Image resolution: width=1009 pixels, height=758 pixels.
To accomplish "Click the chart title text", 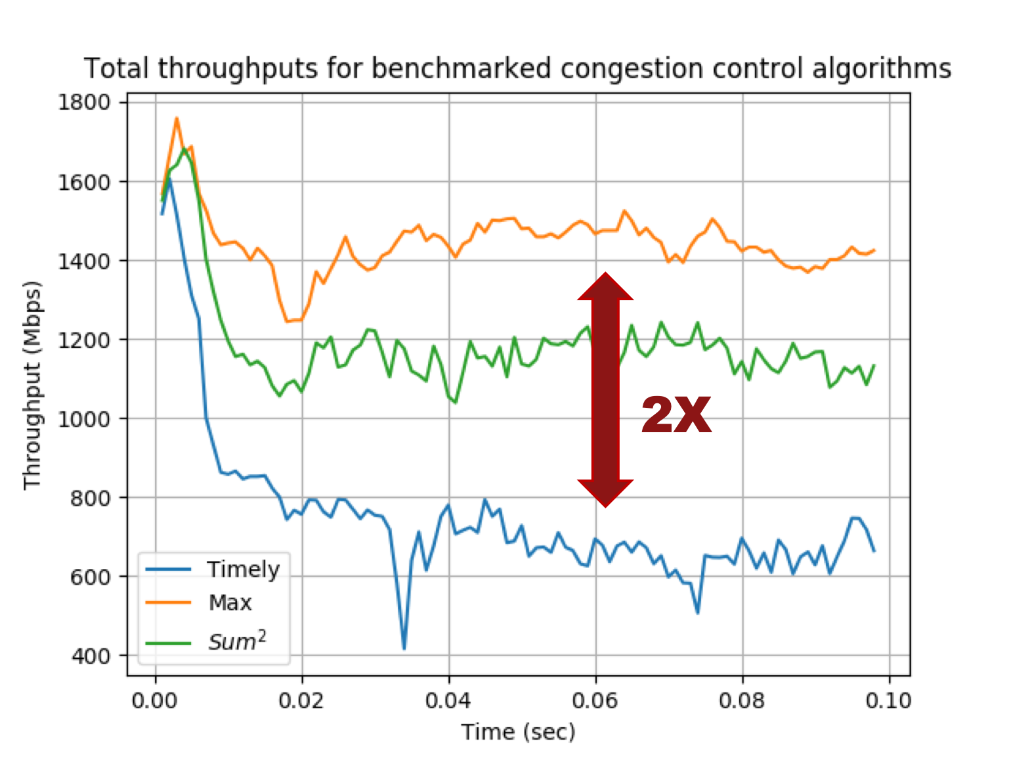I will (517, 68).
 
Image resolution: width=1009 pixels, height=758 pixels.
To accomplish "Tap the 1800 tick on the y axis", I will (83, 102).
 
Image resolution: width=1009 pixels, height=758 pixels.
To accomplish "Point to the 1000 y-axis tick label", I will (83, 419).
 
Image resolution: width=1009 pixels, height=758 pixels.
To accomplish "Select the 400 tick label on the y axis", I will (91, 656).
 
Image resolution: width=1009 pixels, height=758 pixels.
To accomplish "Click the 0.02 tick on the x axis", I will (301, 701).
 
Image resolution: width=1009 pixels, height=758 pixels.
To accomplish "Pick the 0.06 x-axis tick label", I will (595, 701).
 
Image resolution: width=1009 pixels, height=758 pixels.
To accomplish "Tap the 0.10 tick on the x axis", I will (888, 701).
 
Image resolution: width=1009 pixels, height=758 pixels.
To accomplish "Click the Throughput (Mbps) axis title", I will (32, 386).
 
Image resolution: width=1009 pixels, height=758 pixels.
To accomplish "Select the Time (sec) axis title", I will (518, 732).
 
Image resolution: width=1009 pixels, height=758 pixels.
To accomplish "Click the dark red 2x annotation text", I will (676, 415).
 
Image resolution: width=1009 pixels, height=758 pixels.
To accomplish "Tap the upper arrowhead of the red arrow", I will (605, 286).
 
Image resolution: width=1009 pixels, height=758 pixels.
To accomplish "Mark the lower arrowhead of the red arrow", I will (605, 493).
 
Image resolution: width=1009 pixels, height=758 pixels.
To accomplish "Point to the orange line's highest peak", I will (177, 118).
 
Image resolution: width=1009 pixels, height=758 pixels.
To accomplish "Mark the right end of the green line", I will (874, 365).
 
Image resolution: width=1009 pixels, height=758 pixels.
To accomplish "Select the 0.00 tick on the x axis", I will (154, 701).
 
